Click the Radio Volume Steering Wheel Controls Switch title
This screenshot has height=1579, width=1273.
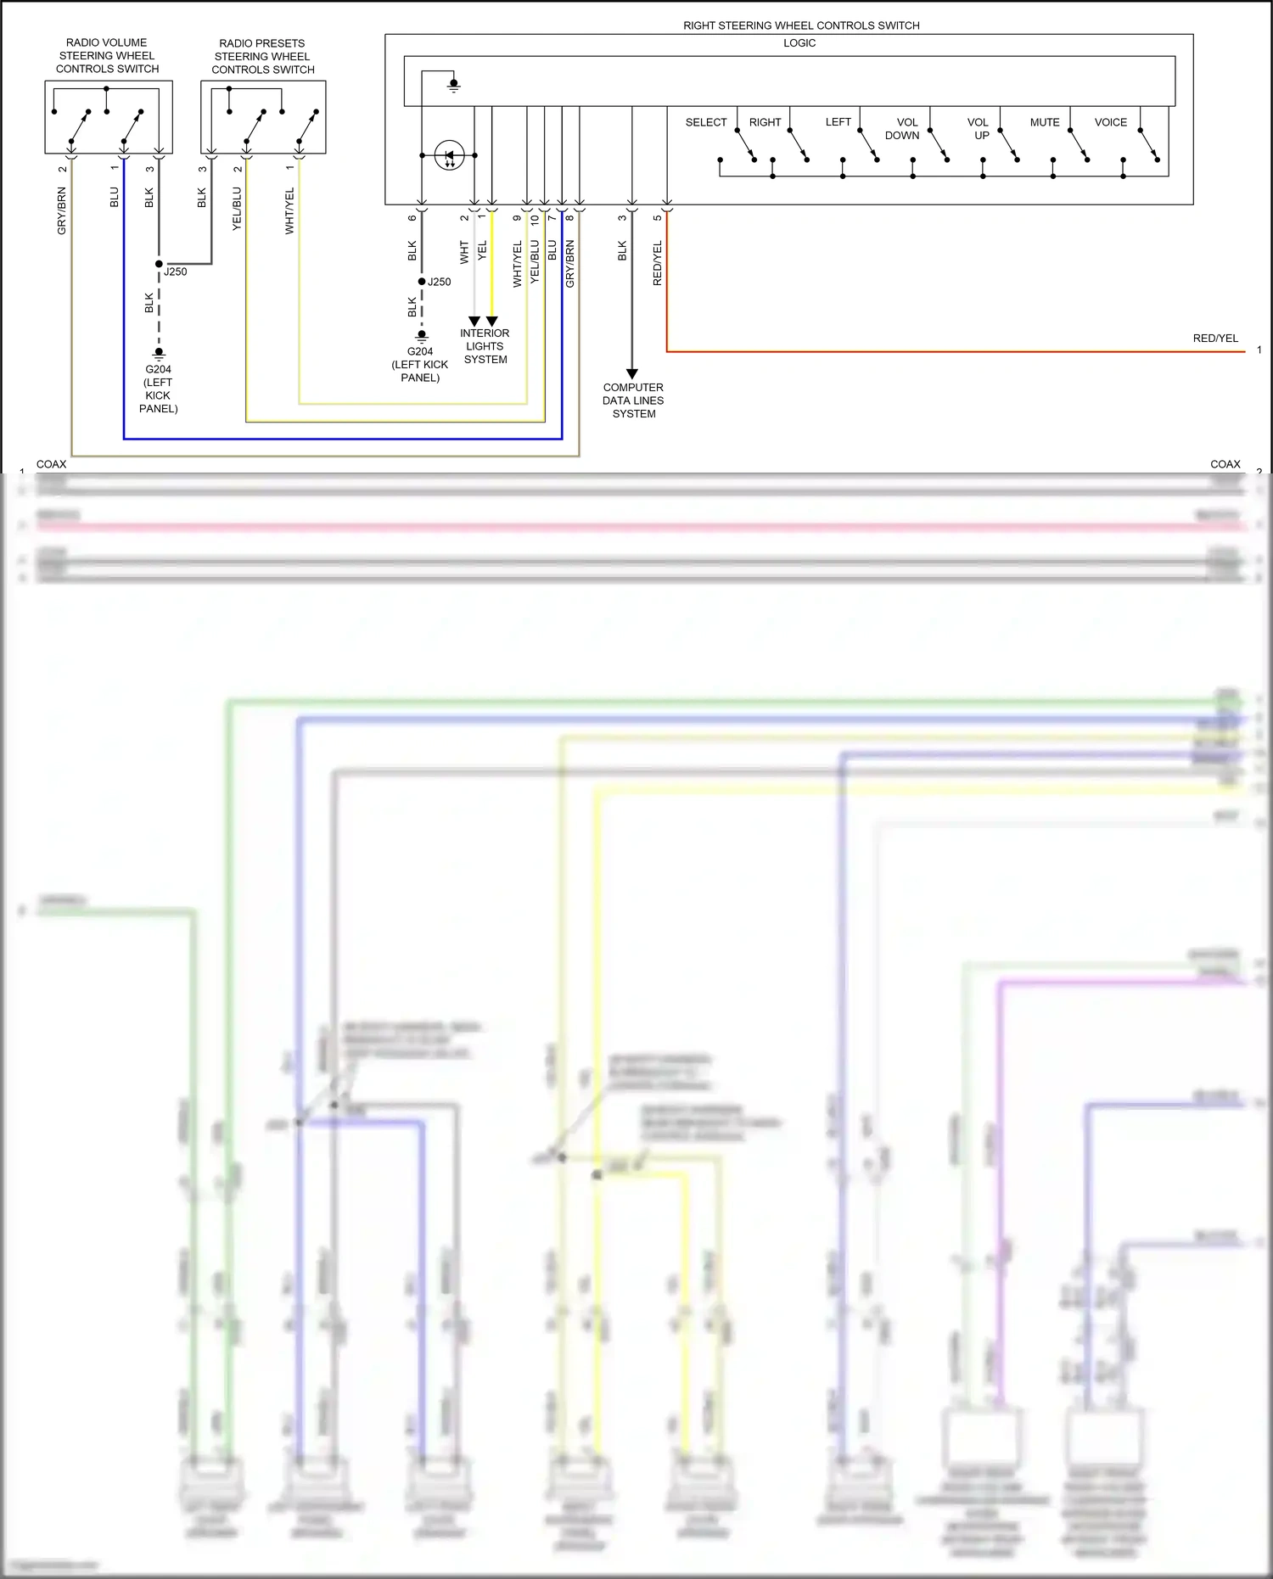coord(107,55)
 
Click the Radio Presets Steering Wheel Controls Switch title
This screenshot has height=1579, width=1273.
coord(262,56)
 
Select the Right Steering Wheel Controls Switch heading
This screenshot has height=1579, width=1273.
coord(801,25)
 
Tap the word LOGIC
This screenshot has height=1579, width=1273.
coord(799,43)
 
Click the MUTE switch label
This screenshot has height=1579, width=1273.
coord(1045,122)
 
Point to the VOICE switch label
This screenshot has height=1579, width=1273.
coord(1110,122)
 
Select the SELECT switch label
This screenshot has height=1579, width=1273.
coord(706,122)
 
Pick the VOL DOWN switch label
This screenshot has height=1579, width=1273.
coord(903,129)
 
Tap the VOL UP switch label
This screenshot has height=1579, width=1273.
coord(979,129)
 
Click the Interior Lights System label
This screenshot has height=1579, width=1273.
coord(485,346)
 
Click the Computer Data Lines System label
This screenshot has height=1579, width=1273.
coord(633,400)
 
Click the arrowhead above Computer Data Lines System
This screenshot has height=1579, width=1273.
coord(632,373)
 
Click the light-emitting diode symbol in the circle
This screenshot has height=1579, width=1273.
coord(449,155)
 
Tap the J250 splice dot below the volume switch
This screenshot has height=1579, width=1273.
coord(159,264)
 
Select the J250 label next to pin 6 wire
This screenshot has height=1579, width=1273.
coord(440,282)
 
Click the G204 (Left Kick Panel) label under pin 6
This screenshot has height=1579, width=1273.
coord(420,364)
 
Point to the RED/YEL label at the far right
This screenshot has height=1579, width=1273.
coord(1215,338)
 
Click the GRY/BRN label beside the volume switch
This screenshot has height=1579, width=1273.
coord(62,211)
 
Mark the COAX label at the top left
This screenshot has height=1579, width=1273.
coord(51,464)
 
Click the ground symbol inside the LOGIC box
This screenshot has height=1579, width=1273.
coord(454,85)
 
